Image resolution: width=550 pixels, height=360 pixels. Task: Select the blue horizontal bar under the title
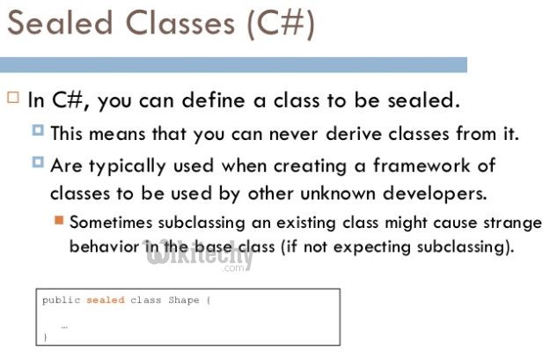click(x=233, y=64)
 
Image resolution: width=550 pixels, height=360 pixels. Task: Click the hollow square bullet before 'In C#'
click(x=12, y=98)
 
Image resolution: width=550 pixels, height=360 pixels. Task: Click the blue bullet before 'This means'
click(x=38, y=132)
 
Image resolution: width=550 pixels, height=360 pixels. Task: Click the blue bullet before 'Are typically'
click(x=38, y=163)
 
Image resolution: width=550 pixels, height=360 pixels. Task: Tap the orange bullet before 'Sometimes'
click(x=59, y=219)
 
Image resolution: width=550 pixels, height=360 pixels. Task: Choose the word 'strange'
click(x=505, y=222)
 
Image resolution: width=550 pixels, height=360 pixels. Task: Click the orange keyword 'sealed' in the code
click(x=105, y=300)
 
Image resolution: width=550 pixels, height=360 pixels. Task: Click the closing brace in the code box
click(x=45, y=336)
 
